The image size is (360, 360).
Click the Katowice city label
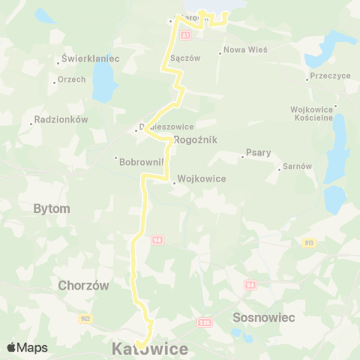click(150, 349)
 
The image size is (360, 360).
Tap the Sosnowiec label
click(265, 317)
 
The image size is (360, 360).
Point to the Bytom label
click(52, 208)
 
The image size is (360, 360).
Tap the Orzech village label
click(73, 79)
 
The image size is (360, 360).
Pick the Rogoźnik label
click(194, 139)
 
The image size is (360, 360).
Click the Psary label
click(257, 153)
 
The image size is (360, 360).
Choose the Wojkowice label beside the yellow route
click(202, 179)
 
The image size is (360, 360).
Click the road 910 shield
click(309, 243)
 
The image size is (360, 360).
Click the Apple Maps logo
click(27, 347)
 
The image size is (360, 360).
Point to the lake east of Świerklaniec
click(103, 81)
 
